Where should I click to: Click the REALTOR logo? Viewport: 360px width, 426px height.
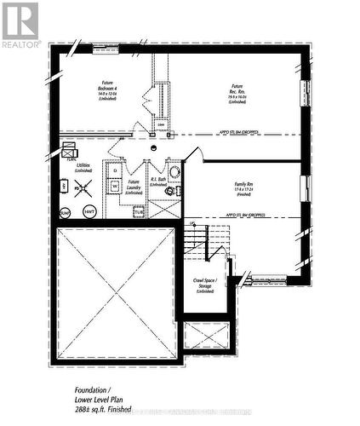tap(20, 24)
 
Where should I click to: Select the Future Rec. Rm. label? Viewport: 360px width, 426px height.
tap(237, 91)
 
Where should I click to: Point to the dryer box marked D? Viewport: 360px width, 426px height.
tap(116, 169)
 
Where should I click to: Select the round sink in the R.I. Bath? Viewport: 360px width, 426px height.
tap(174, 172)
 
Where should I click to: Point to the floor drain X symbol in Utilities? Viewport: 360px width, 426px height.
tap(83, 187)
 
